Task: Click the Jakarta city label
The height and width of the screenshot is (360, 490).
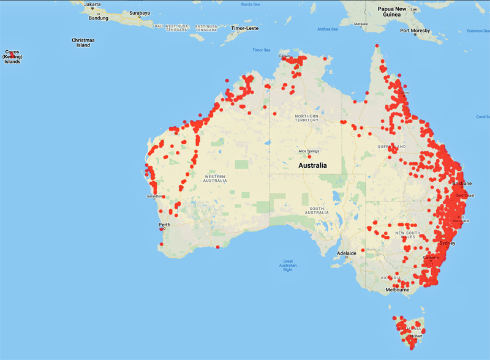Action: point(92,4)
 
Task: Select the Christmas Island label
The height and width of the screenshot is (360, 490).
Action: point(83,42)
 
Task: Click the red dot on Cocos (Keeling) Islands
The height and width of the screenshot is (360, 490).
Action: point(12,54)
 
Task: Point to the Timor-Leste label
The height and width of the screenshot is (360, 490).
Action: point(245,28)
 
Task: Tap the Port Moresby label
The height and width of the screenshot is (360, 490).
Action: point(415,30)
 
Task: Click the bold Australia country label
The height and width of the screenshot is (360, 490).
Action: point(312,165)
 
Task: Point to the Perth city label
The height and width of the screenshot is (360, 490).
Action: point(165,225)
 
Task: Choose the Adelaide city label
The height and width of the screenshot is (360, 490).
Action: point(347,252)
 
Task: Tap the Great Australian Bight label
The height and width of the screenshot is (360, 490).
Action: point(285,263)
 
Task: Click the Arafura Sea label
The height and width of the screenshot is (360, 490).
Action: point(327,29)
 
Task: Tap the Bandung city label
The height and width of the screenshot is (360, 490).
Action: point(98,18)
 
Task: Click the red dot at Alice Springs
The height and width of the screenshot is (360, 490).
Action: point(301,156)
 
